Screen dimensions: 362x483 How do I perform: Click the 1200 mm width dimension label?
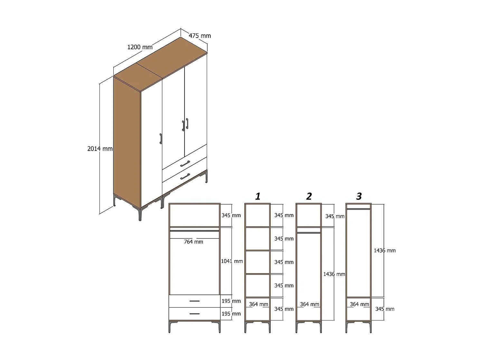click(x=140, y=47)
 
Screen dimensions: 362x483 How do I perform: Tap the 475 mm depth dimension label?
click(x=200, y=36)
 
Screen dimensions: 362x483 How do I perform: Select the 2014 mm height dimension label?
click(x=100, y=149)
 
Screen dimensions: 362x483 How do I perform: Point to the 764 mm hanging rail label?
click(x=194, y=242)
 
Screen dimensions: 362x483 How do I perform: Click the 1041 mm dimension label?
click(x=232, y=261)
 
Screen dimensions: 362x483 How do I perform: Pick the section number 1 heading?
click(x=258, y=196)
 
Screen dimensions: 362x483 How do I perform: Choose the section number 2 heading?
click(x=309, y=196)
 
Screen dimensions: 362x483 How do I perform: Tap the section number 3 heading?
click(x=359, y=196)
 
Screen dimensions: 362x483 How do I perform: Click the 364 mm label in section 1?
click(x=259, y=304)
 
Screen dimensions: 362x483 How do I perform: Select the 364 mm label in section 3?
click(x=359, y=304)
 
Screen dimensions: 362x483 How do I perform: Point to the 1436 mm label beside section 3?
click(x=384, y=250)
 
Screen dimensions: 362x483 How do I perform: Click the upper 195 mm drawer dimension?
click(x=231, y=301)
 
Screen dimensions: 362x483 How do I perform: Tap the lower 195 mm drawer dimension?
click(x=231, y=314)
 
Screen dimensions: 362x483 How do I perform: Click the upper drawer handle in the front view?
click(x=194, y=301)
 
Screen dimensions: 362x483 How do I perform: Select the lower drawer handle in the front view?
click(x=194, y=314)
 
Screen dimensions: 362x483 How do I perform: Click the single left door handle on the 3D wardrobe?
click(x=161, y=139)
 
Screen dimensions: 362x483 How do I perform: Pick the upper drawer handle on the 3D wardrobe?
click(x=185, y=164)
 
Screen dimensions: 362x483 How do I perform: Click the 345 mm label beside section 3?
click(x=385, y=309)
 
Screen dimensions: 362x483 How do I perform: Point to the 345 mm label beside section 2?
click(x=335, y=216)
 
